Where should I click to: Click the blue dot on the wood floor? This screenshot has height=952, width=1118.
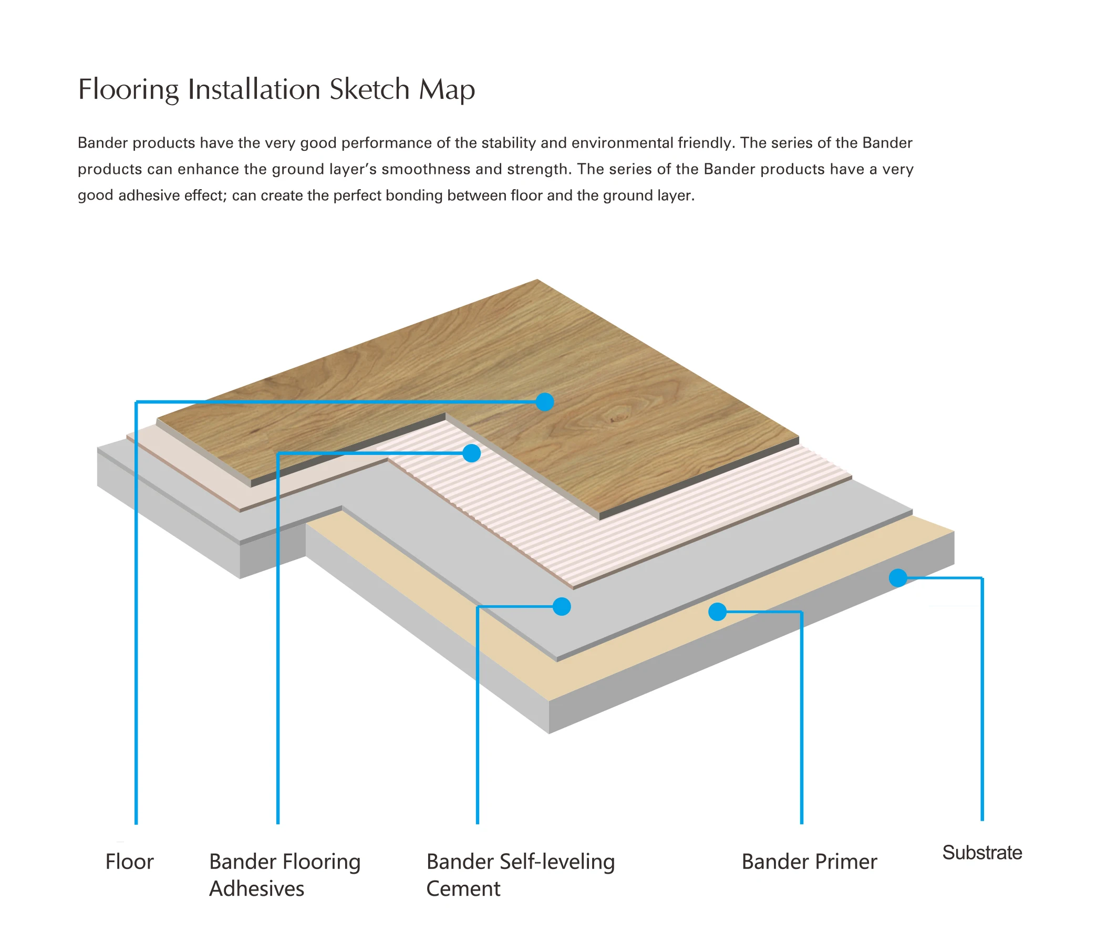(545, 401)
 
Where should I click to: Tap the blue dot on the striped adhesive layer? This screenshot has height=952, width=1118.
(472, 453)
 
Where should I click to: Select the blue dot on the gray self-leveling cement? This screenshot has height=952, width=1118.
(562, 607)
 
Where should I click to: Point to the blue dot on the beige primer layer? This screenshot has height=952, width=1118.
(717, 612)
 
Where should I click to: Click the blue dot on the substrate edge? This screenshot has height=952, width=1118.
(898, 578)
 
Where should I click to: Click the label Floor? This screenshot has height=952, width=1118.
(129, 862)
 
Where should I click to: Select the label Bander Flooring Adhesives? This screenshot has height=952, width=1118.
(284, 875)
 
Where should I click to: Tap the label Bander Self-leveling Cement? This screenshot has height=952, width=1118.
(520, 875)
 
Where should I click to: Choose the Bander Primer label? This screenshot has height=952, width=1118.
(809, 862)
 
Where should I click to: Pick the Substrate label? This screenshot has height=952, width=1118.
(982, 853)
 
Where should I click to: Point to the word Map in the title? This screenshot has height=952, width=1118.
(447, 90)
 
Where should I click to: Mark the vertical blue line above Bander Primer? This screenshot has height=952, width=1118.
(802, 718)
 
